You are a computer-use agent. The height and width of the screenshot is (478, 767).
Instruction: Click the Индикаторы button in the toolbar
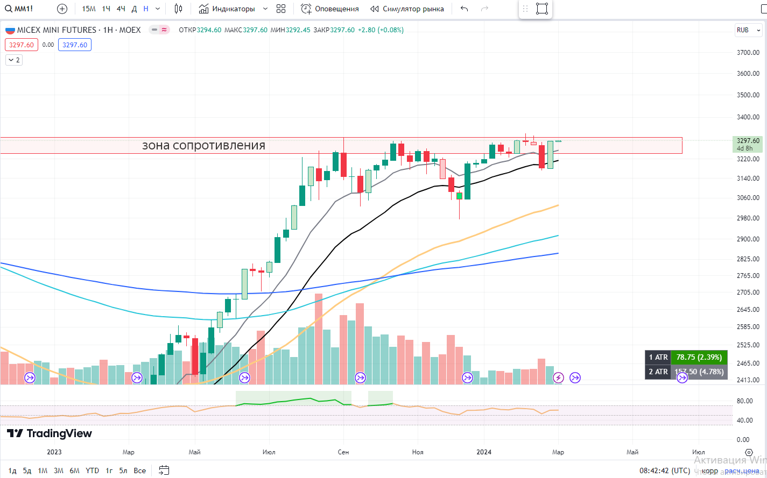click(x=227, y=9)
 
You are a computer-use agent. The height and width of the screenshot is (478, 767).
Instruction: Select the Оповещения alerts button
click(x=330, y=9)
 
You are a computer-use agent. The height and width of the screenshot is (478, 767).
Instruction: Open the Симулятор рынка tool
click(x=407, y=9)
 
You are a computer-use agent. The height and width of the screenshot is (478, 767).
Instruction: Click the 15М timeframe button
click(x=89, y=9)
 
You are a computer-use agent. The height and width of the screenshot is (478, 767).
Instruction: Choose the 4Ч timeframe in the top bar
click(x=121, y=9)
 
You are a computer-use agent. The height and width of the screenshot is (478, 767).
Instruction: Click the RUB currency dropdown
click(x=748, y=30)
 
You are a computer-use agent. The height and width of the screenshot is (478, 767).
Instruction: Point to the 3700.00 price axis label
click(x=748, y=53)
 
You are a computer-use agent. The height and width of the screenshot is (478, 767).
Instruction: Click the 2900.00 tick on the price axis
click(x=748, y=239)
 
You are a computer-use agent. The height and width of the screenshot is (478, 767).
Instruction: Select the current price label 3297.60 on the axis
click(x=748, y=141)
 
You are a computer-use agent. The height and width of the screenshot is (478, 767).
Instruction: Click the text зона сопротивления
click(x=203, y=146)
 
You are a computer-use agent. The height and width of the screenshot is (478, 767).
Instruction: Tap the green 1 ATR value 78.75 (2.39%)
click(x=699, y=357)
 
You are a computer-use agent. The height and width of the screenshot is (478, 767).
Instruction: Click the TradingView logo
click(x=50, y=433)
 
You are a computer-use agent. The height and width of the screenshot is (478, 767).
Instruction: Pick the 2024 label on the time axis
click(x=484, y=452)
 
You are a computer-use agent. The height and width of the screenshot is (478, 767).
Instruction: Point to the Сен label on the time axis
click(x=343, y=452)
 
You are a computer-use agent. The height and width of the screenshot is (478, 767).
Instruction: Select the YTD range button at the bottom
click(x=92, y=470)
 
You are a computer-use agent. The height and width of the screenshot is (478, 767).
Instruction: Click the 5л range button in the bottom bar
click(x=123, y=470)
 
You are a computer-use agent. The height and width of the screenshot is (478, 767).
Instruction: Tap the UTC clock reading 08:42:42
click(x=664, y=470)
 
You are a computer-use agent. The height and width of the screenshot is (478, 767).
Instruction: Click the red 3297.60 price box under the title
click(x=22, y=45)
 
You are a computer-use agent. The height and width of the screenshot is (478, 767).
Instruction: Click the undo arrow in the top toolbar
click(x=465, y=9)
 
